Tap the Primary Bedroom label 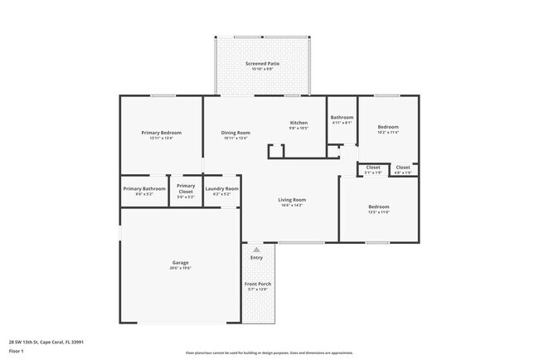(x=161, y=133)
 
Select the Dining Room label (x=236, y=133)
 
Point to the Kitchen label (x=299, y=123)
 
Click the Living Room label (x=292, y=200)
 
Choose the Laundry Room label (x=222, y=189)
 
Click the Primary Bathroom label (x=144, y=189)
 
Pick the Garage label (x=180, y=263)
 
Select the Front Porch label (x=257, y=285)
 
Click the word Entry (x=256, y=258)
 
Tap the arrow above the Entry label (x=256, y=249)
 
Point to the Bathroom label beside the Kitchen (x=342, y=118)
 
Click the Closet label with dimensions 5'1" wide (x=373, y=168)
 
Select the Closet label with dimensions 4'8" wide (x=403, y=168)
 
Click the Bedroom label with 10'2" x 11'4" (x=388, y=127)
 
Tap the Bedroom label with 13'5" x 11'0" (x=378, y=207)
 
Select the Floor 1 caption (x=17, y=351)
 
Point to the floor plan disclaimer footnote (x=269, y=353)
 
